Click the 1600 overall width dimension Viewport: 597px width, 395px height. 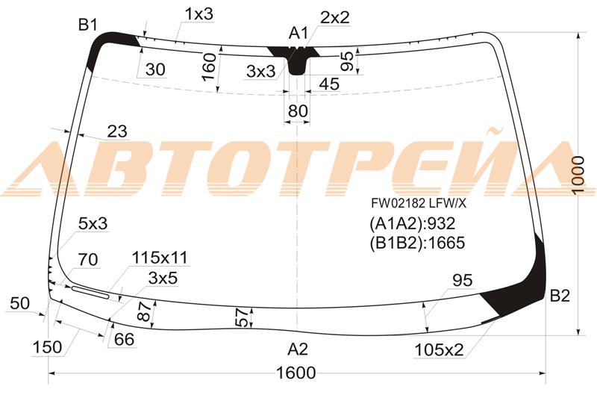pyautogui.click(x=296, y=373)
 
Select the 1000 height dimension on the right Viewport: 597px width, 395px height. pyautogui.click(x=578, y=175)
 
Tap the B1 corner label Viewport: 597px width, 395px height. pyautogui.click(x=88, y=25)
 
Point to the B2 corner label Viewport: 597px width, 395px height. pyautogui.click(x=560, y=296)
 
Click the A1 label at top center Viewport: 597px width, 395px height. pyautogui.click(x=298, y=33)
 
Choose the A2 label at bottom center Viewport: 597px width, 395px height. pyautogui.click(x=298, y=349)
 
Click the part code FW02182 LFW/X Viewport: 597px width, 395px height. pyautogui.click(x=419, y=203)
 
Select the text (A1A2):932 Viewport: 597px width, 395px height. pyautogui.click(x=413, y=223)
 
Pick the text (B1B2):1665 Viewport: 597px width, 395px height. pyautogui.click(x=417, y=243)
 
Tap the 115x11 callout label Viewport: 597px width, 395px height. pyautogui.click(x=160, y=258)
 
